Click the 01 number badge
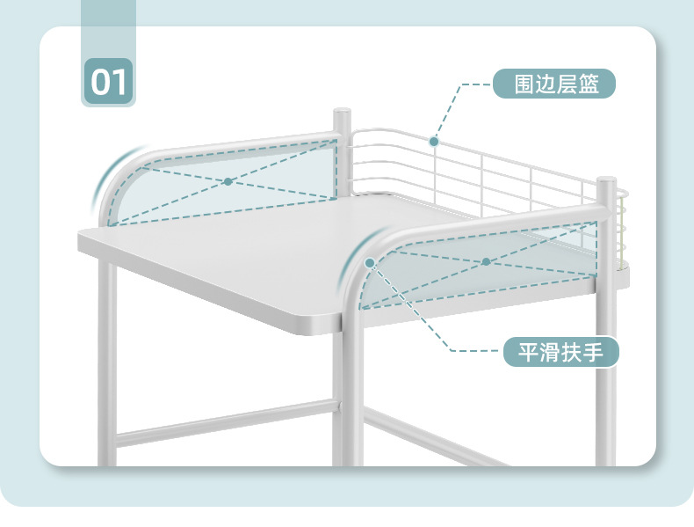(109, 81)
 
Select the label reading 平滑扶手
(561, 353)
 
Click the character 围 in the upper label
(525, 85)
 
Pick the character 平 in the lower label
(527, 354)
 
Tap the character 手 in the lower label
(595, 354)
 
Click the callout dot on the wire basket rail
(433, 141)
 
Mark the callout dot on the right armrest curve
(371, 262)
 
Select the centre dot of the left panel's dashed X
(228, 182)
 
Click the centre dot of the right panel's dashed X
(485, 261)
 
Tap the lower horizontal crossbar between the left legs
(224, 423)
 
